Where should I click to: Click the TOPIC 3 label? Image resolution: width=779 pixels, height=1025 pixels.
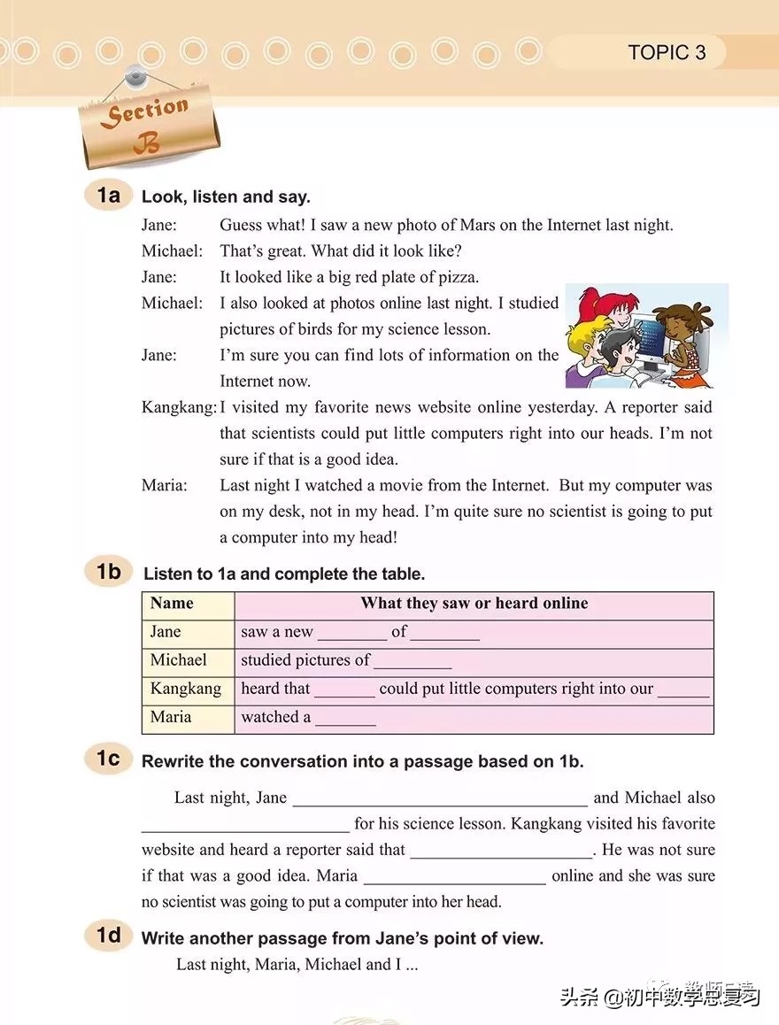coord(667,52)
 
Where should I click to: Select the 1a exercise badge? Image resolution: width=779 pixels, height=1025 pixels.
coord(109,195)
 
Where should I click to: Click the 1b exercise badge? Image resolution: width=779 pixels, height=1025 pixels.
coord(109,572)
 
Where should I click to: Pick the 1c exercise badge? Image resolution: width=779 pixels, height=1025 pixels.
coord(109,759)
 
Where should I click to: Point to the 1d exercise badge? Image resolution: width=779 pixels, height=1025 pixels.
coord(109,935)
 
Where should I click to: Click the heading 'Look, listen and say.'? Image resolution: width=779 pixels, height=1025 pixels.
coord(226,197)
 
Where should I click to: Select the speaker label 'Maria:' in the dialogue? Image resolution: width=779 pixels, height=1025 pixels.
coord(165,485)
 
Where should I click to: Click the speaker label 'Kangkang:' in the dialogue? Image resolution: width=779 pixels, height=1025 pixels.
coord(180,407)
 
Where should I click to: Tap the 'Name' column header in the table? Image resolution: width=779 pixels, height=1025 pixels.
coord(172,604)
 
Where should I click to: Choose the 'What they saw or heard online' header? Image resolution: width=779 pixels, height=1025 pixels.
coord(474,604)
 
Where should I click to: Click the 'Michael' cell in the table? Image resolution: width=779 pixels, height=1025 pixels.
coord(178,660)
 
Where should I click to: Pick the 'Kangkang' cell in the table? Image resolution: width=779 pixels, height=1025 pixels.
coord(185,689)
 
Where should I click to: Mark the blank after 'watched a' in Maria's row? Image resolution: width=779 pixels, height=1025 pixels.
coord(345,720)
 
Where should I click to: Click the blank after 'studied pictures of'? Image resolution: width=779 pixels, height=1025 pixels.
coord(413,663)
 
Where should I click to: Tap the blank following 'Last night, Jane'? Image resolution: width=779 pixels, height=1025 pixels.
coord(439,800)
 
